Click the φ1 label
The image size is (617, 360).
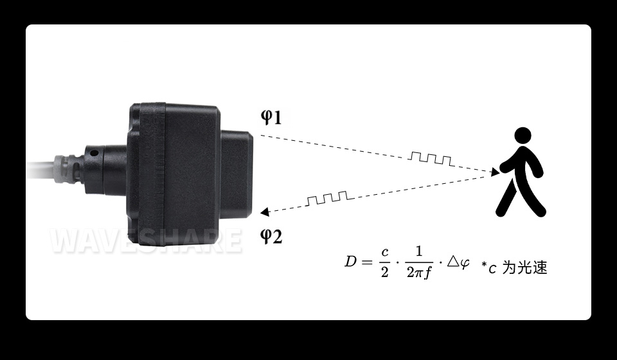pos(271,117)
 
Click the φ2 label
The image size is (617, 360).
pos(271,236)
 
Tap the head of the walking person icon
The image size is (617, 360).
pos(523,136)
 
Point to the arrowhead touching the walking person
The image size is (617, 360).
pos(495,172)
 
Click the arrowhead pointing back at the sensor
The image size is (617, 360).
pos(264,212)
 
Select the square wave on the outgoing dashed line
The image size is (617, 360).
pos(431,159)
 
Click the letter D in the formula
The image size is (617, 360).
pos(351,261)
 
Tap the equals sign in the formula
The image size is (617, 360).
pos(367,262)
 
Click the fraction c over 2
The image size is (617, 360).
pos(385,262)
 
